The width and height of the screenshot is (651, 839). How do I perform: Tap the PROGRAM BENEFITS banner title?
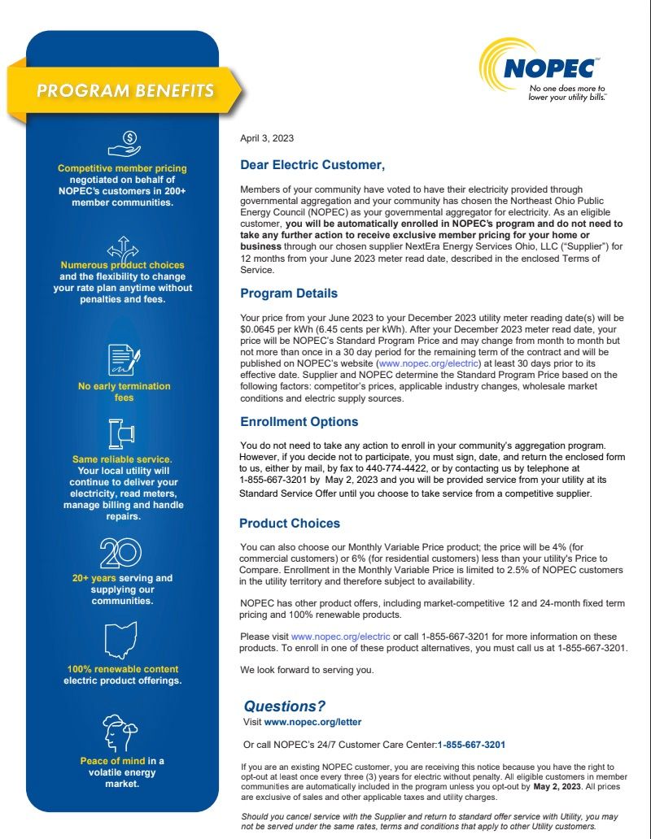pos(125,90)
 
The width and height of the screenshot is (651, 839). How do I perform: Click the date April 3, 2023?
pos(267,138)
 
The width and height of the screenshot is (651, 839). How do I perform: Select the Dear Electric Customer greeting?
pos(312,165)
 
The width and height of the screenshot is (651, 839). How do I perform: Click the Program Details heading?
pos(289,293)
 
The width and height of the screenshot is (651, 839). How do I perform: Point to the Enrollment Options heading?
pos(299,422)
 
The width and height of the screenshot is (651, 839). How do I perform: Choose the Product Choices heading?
pos(290,524)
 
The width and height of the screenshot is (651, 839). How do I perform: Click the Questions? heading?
pos(285,706)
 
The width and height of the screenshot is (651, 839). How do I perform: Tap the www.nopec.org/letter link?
pos(312,722)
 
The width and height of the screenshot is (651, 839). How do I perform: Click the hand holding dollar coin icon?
pos(123,144)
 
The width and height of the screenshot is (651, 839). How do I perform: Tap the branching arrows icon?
pos(123,246)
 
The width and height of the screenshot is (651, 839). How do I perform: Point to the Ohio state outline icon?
pos(122,640)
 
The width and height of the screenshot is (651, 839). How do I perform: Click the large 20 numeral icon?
pos(122,553)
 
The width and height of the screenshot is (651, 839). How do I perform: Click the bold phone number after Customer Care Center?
pos(472,745)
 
